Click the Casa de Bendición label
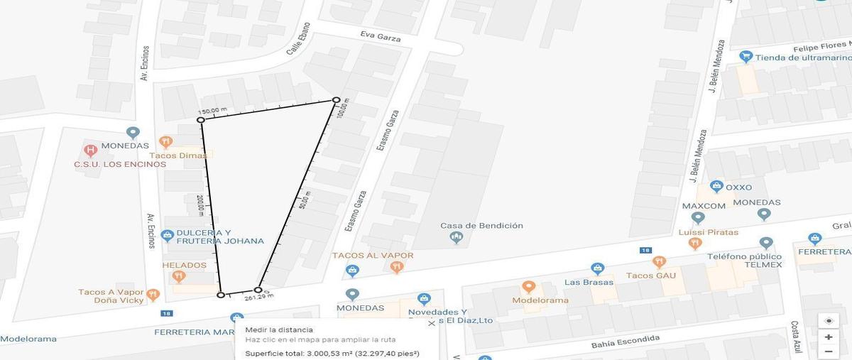click(481, 226)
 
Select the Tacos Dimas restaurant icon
click(165, 142)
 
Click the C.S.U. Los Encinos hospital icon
click(90, 151)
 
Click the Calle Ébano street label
click(298, 40)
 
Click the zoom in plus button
click(828, 337)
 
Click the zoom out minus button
click(828, 351)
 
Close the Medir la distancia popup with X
click(432, 323)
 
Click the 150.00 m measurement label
click(212, 111)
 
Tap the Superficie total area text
click(332, 353)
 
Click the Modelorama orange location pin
click(528, 287)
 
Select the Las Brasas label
click(583, 282)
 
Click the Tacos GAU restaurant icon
click(659, 262)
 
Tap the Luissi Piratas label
click(709, 232)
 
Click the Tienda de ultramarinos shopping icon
click(745, 56)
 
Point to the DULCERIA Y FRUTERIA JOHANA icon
click(168, 234)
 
